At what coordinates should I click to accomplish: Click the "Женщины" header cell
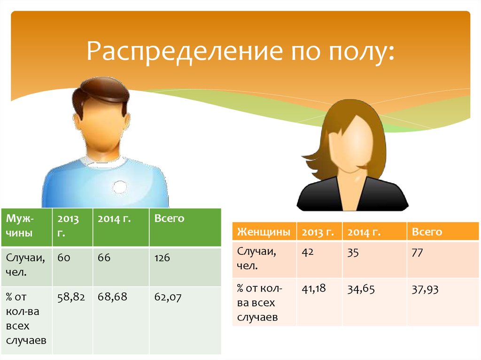click(264, 232)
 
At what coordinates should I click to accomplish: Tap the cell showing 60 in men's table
click(64, 258)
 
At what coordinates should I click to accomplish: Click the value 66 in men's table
click(104, 258)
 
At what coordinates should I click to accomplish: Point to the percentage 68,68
click(112, 297)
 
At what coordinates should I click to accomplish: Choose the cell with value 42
click(308, 253)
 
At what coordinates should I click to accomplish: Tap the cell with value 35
click(353, 253)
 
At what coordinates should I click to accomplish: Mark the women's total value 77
click(417, 253)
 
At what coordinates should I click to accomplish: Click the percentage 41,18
click(314, 289)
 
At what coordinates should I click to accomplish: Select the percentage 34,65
click(361, 289)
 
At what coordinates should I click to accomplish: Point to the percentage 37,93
click(425, 289)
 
